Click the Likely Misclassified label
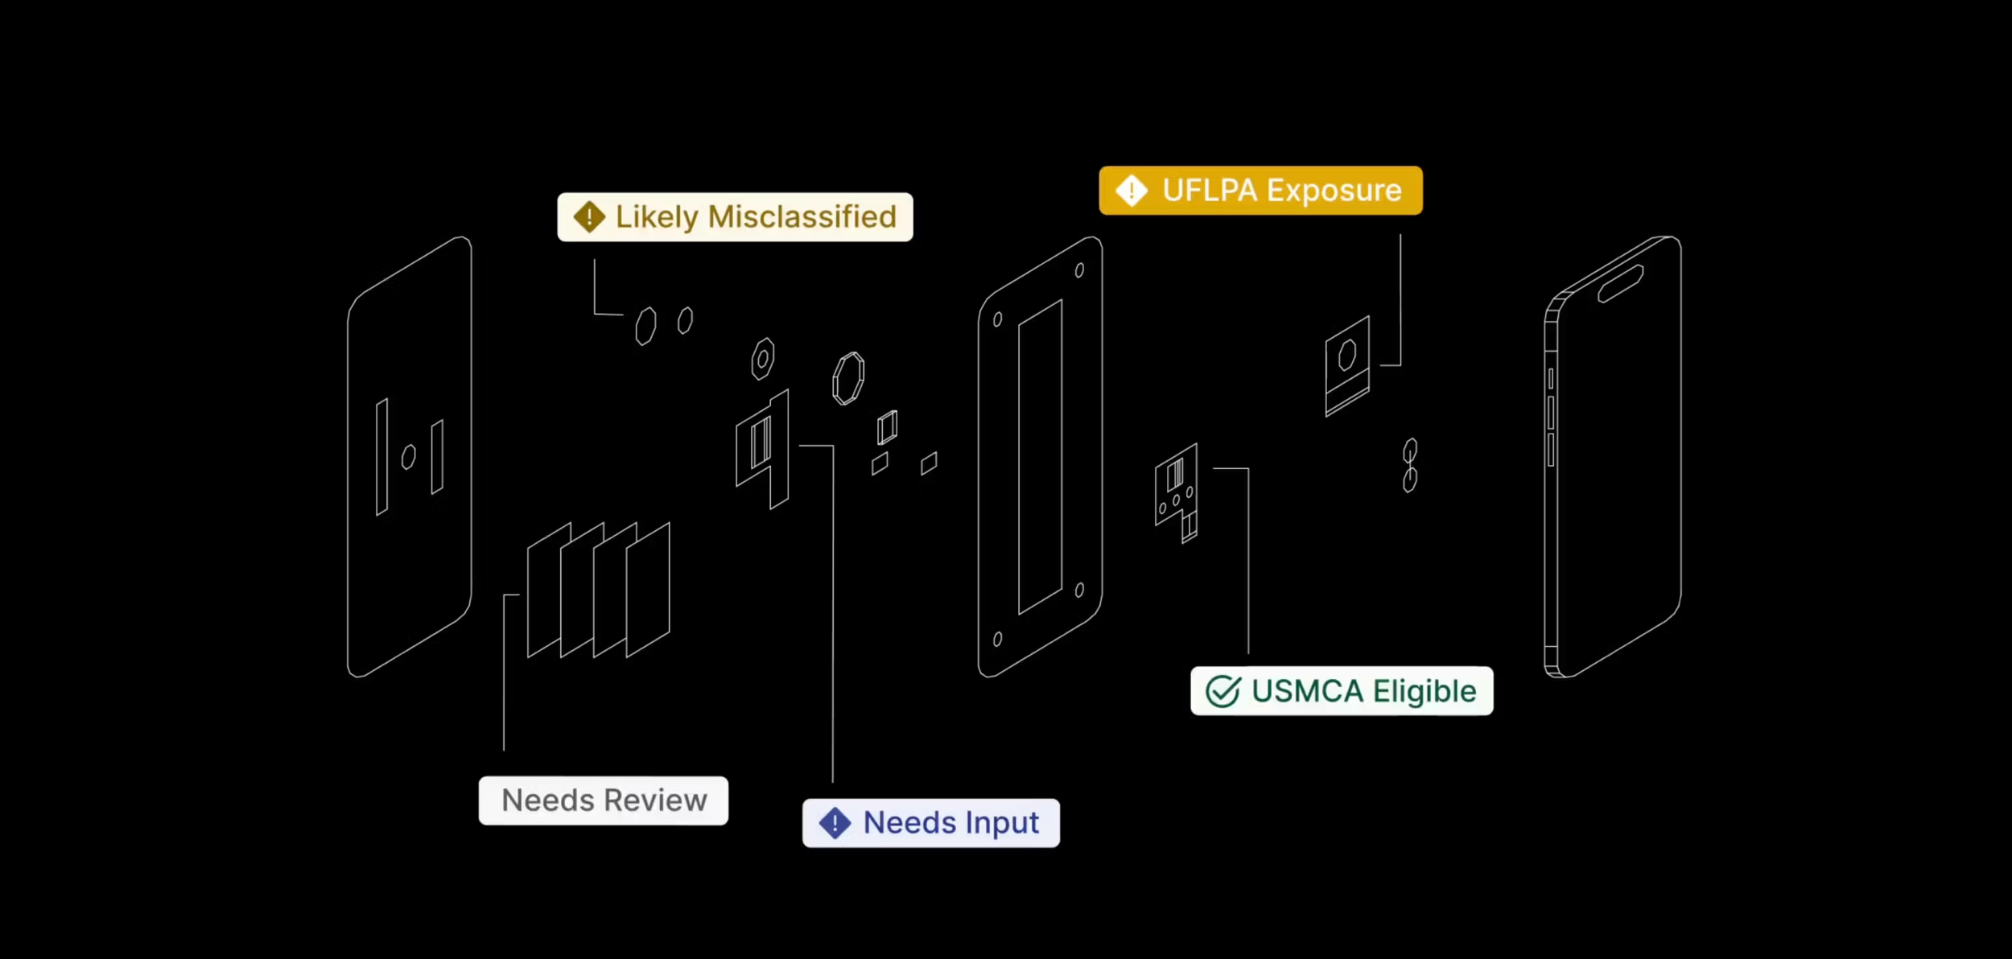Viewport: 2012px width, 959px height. (x=735, y=216)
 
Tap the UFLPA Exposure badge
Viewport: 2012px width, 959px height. (x=1260, y=191)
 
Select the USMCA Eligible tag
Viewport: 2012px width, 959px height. (x=1342, y=691)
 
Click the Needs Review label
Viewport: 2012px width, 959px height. (x=604, y=801)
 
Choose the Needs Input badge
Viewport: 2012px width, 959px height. (x=930, y=823)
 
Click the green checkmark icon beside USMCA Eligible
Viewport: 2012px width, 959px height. (x=1222, y=691)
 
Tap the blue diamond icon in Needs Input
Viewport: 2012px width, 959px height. (x=835, y=823)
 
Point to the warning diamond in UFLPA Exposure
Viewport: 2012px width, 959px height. (x=1132, y=191)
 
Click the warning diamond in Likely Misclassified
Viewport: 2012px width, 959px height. (x=589, y=216)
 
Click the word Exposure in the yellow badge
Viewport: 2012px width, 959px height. (x=1334, y=191)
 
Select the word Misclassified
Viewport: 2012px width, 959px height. (x=802, y=216)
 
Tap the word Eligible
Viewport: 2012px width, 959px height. (x=1424, y=691)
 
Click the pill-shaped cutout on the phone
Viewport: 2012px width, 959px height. (x=1620, y=284)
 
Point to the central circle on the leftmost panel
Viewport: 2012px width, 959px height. (x=408, y=456)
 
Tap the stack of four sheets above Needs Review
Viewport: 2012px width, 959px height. (x=598, y=590)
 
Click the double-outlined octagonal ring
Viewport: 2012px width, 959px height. (x=848, y=377)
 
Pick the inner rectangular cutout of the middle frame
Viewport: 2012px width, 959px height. (x=1040, y=457)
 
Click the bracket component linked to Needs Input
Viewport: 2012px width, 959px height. (x=762, y=448)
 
